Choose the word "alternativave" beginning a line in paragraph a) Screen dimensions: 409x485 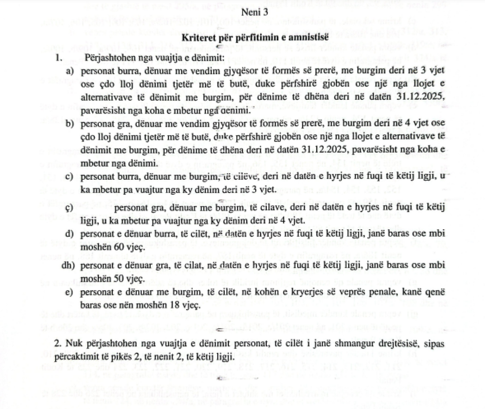click(103, 97)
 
